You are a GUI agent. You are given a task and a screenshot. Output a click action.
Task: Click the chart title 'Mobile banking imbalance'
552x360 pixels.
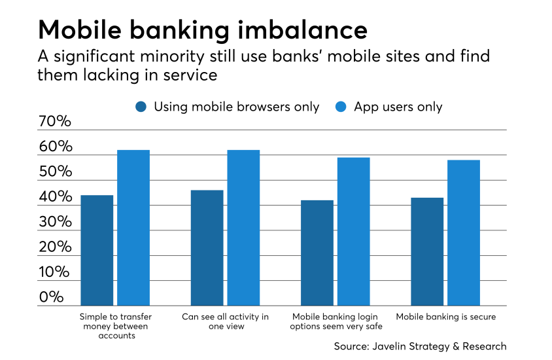coord(203,30)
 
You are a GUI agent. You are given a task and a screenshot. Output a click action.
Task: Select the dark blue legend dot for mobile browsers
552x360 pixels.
coord(141,107)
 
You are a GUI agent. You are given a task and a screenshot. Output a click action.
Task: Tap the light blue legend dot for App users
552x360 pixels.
coord(341,107)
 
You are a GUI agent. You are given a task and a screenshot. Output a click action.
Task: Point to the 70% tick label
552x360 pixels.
coord(55,121)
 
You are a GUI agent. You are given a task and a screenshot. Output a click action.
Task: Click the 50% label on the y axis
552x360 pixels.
coord(56,171)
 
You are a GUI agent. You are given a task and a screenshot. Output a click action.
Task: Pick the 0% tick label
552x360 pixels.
coord(52,297)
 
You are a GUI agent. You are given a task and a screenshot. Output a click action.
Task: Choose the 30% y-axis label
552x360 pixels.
coord(56,222)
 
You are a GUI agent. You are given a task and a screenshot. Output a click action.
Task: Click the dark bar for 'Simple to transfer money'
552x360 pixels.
coord(97,251)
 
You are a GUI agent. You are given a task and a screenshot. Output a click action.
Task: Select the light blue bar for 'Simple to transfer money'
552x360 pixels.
coord(133,228)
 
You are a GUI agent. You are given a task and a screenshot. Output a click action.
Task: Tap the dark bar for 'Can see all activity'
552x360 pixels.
coord(207,248)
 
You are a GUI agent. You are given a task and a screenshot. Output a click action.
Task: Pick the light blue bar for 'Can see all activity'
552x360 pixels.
coord(243,228)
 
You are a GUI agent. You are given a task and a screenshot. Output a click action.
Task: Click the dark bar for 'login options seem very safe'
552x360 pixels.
coord(317,253)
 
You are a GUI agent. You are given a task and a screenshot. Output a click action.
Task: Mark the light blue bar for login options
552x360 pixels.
coord(354,232)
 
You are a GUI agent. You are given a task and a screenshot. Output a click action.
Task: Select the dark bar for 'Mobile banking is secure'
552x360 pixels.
coord(427,251)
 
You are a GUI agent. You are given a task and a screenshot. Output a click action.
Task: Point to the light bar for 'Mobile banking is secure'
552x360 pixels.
coord(464,233)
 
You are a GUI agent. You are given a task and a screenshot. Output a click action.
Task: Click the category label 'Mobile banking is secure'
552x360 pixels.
coord(445,317)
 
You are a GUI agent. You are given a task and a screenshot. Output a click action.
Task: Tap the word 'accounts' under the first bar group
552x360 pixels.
coord(117,336)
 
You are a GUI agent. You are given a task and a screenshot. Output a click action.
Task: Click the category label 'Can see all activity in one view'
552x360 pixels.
coord(225,321)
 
